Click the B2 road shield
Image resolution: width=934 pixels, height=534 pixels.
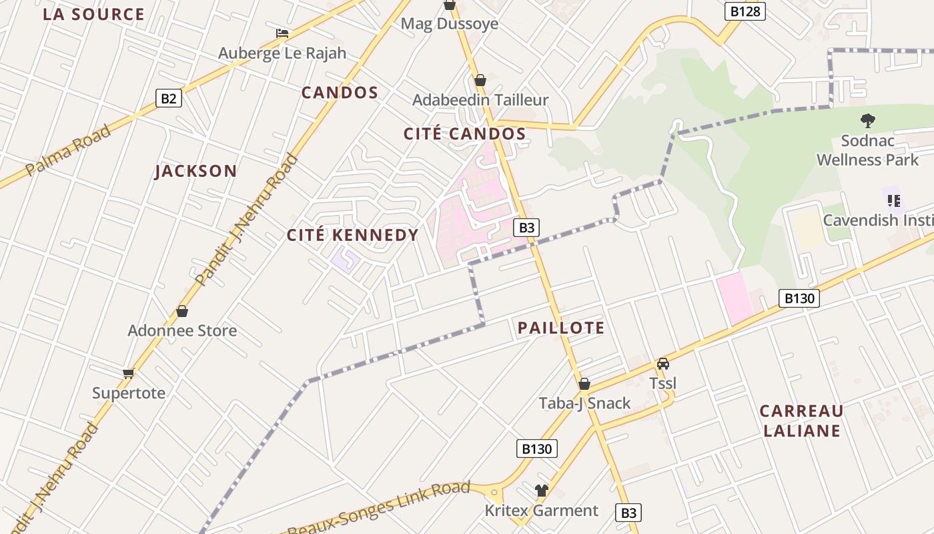[x=169, y=99]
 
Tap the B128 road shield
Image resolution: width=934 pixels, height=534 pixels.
[x=745, y=11]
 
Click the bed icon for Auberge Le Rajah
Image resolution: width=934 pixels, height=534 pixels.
[x=282, y=33]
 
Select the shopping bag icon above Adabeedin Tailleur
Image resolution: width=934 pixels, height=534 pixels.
[x=480, y=81]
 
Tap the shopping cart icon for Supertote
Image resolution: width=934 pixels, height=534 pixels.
[x=129, y=373]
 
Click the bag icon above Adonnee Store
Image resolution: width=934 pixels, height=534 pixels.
[x=181, y=311]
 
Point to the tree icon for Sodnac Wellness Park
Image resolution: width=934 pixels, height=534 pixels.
[x=867, y=121]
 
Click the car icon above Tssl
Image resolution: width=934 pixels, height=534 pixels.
[x=662, y=364]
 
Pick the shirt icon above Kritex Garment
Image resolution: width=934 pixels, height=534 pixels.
[x=541, y=491]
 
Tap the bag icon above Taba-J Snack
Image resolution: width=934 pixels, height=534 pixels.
[x=584, y=384]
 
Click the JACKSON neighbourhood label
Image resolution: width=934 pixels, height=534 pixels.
[x=196, y=172]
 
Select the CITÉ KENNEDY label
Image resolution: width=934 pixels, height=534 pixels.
[x=352, y=235]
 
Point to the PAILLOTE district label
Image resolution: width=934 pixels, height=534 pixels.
[x=561, y=328]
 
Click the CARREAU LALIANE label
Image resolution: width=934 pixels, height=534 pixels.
[x=801, y=421]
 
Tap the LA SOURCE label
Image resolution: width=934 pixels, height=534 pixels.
[x=93, y=14]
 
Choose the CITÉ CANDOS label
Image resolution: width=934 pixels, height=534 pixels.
[x=464, y=134]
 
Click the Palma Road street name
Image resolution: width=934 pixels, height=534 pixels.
[x=68, y=150]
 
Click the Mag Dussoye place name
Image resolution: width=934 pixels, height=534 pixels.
[x=449, y=24]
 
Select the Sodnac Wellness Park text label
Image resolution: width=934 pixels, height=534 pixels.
[x=867, y=150]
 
